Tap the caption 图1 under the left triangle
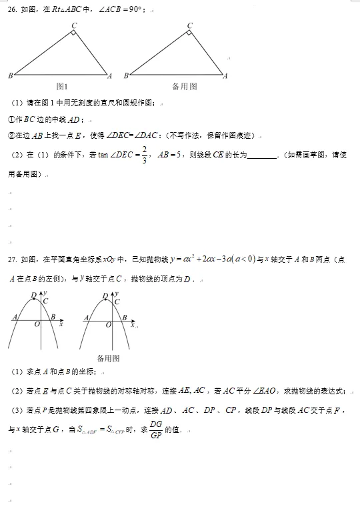coord(63,86)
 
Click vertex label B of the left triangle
coord(10,75)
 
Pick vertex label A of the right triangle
coord(225,75)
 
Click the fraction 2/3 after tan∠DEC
coord(145,154)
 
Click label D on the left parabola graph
coord(33,295)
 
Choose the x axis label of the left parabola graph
coord(61,325)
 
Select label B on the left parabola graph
coord(53,317)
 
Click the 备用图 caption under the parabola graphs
coord(107,358)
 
